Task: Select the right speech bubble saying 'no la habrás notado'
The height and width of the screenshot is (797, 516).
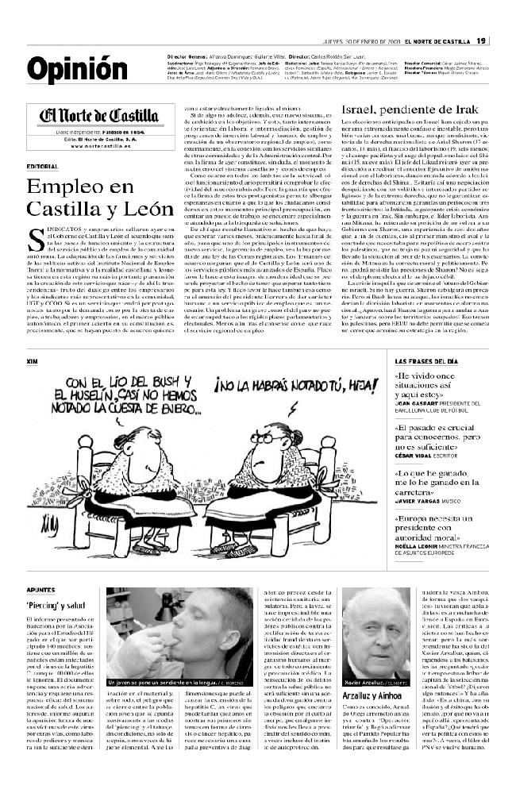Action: tap(273, 387)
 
